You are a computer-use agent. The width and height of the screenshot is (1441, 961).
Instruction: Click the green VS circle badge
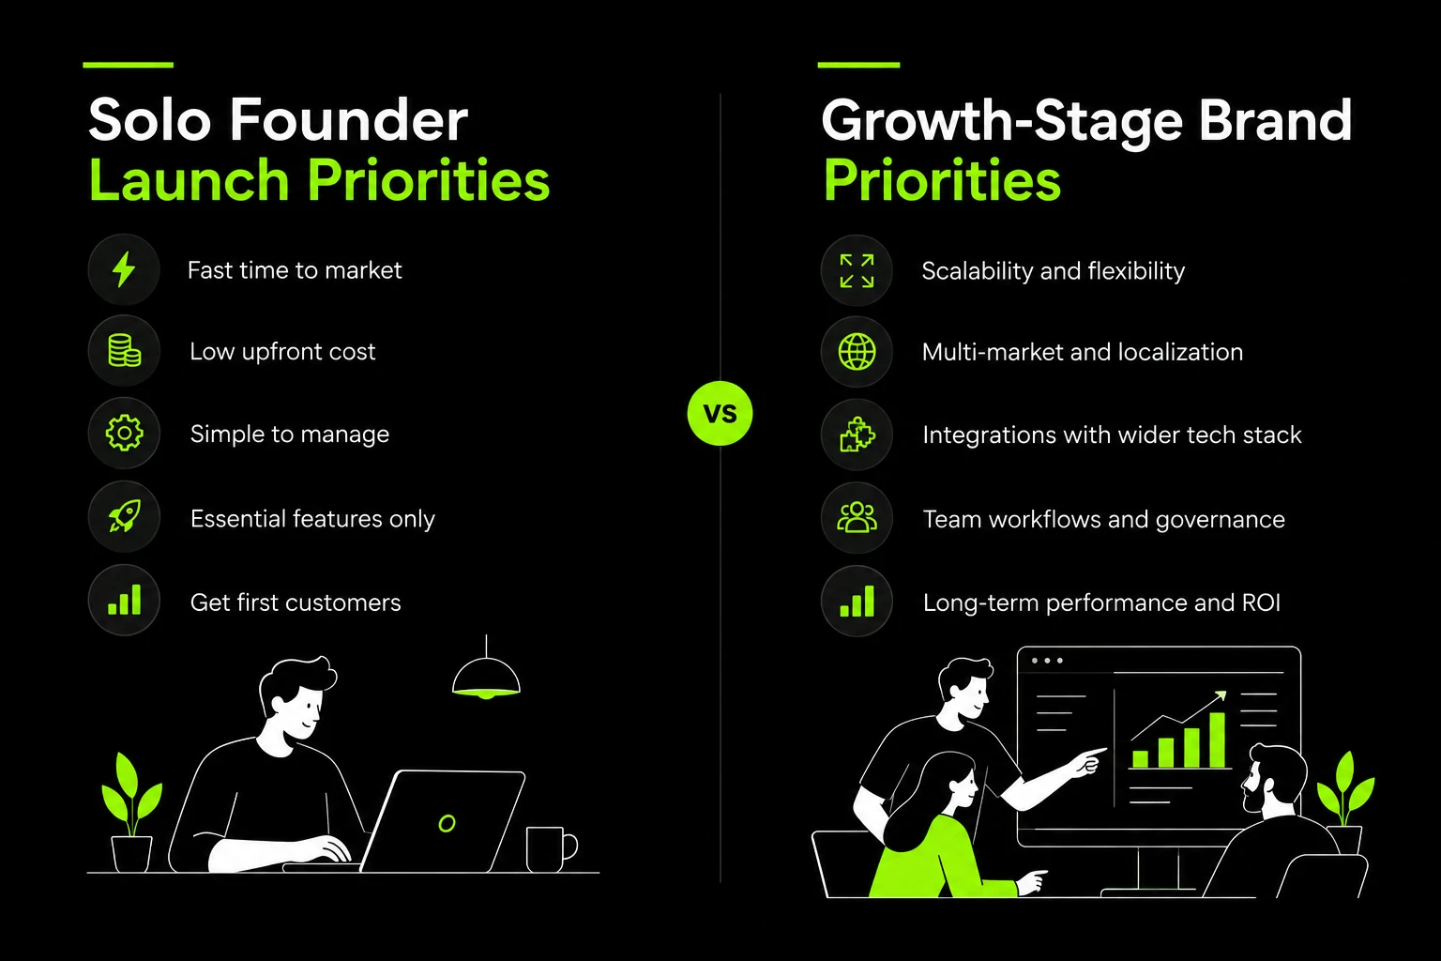click(720, 413)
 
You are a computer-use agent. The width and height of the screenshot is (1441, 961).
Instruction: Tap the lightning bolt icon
click(124, 269)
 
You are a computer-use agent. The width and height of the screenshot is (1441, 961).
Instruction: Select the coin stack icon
click(124, 351)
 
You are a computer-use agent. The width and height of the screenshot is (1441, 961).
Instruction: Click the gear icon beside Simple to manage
click(124, 433)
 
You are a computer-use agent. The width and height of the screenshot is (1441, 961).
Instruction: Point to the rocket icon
click(124, 516)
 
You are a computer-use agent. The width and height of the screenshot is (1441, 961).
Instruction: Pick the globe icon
click(857, 352)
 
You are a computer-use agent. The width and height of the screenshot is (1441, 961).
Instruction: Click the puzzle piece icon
click(857, 435)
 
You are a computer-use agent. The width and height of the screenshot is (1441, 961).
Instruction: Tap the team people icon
click(857, 517)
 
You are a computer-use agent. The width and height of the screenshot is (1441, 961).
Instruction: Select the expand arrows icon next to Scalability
click(857, 270)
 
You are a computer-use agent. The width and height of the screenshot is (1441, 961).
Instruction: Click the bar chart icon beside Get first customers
click(124, 600)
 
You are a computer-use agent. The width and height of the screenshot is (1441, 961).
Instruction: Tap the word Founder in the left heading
click(349, 120)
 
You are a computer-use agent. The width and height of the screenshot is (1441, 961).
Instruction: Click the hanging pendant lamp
click(486, 679)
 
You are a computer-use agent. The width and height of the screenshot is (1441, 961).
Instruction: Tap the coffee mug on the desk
click(551, 849)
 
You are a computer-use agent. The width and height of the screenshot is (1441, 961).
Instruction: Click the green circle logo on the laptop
click(447, 823)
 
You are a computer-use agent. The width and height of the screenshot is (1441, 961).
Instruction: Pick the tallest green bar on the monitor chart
click(1217, 740)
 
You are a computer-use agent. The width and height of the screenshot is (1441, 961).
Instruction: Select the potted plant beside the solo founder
click(132, 813)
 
